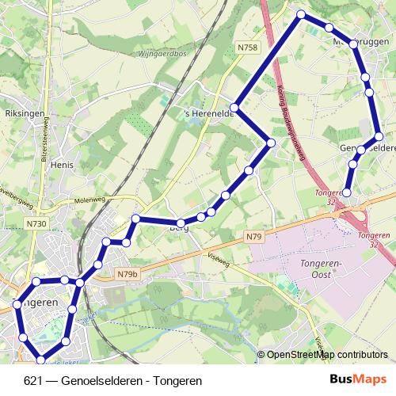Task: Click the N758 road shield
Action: [248, 48]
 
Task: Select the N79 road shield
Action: [253, 237]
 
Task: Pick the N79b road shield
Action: [128, 274]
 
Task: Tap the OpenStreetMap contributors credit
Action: [327, 355]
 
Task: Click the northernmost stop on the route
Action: [301, 14]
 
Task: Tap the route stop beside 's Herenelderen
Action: [235, 107]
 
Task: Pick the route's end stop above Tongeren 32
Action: [347, 192]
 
